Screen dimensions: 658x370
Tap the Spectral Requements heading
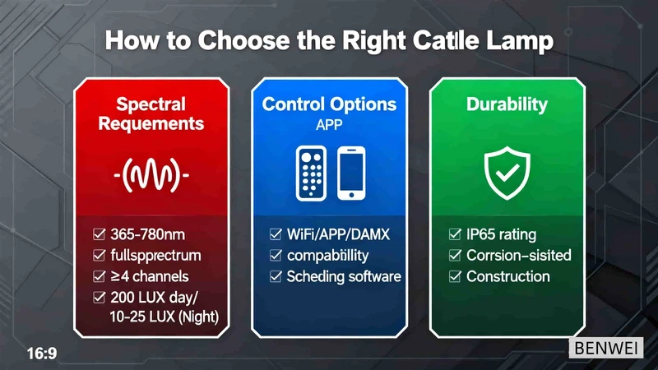pyautogui.click(x=151, y=113)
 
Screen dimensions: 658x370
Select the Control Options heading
pyautogui.click(x=329, y=104)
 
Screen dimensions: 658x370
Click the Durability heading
pyautogui.click(x=507, y=104)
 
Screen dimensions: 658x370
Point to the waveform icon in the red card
pyautogui.click(x=151, y=175)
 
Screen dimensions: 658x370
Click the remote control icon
pyautogui.click(x=311, y=173)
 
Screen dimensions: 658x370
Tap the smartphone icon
pyautogui.click(x=351, y=173)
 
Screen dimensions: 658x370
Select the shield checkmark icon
pyautogui.click(x=507, y=173)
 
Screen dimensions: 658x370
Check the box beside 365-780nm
pyautogui.click(x=99, y=234)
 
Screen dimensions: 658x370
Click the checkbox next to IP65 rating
pyautogui.click(x=455, y=234)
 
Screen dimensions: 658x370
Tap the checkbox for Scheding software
pyautogui.click(x=276, y=276)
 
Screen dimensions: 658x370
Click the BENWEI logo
pyautogui.click(x=606, y=348)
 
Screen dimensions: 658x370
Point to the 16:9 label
pyautogui.click(x=42, y=354)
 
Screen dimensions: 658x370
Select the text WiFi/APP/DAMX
pyautogui.click(x=338, y=234)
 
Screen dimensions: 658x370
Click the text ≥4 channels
pyautogui.click(x=150, y=276)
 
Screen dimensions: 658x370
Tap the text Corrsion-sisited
pyautogui.click(x=519, y=256)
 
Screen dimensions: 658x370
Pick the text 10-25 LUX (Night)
pyautogui.click(x=164, y=317)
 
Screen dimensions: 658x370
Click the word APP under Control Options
pyautogui.click(x=329, y=125)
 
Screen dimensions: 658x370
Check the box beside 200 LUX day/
pyautogui.click(x=99, y=298)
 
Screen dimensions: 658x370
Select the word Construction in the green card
pyautogui.click(x=508, y=276)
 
